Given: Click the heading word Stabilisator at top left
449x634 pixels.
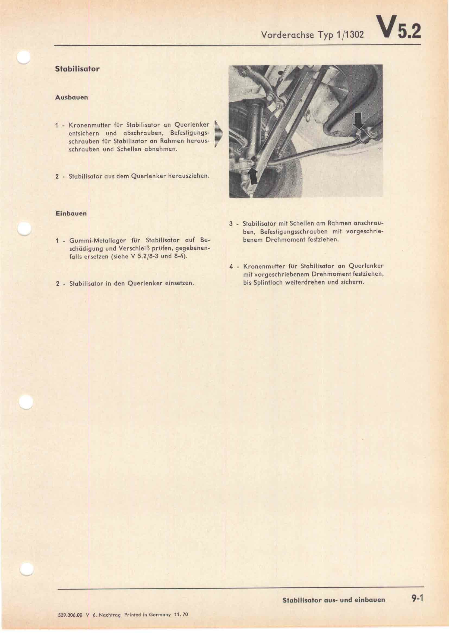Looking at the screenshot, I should coord(77,69).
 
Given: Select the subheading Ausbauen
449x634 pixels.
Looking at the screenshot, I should coord(72,97).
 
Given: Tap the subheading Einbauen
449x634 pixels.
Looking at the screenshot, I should coord(71,213).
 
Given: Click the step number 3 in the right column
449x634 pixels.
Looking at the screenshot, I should coord(231,223).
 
